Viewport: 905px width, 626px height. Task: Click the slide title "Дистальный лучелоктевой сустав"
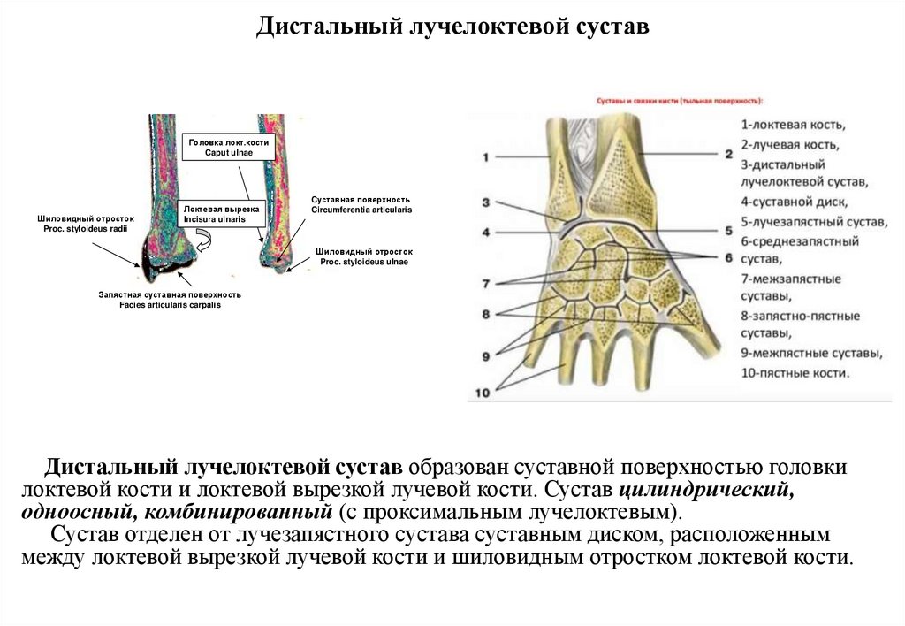452,28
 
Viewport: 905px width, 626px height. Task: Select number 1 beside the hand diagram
485,158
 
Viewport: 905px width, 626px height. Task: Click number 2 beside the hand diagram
729,154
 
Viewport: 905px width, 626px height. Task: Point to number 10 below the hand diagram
483,393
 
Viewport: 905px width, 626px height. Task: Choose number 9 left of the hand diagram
485,356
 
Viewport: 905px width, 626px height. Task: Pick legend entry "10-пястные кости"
795,373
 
